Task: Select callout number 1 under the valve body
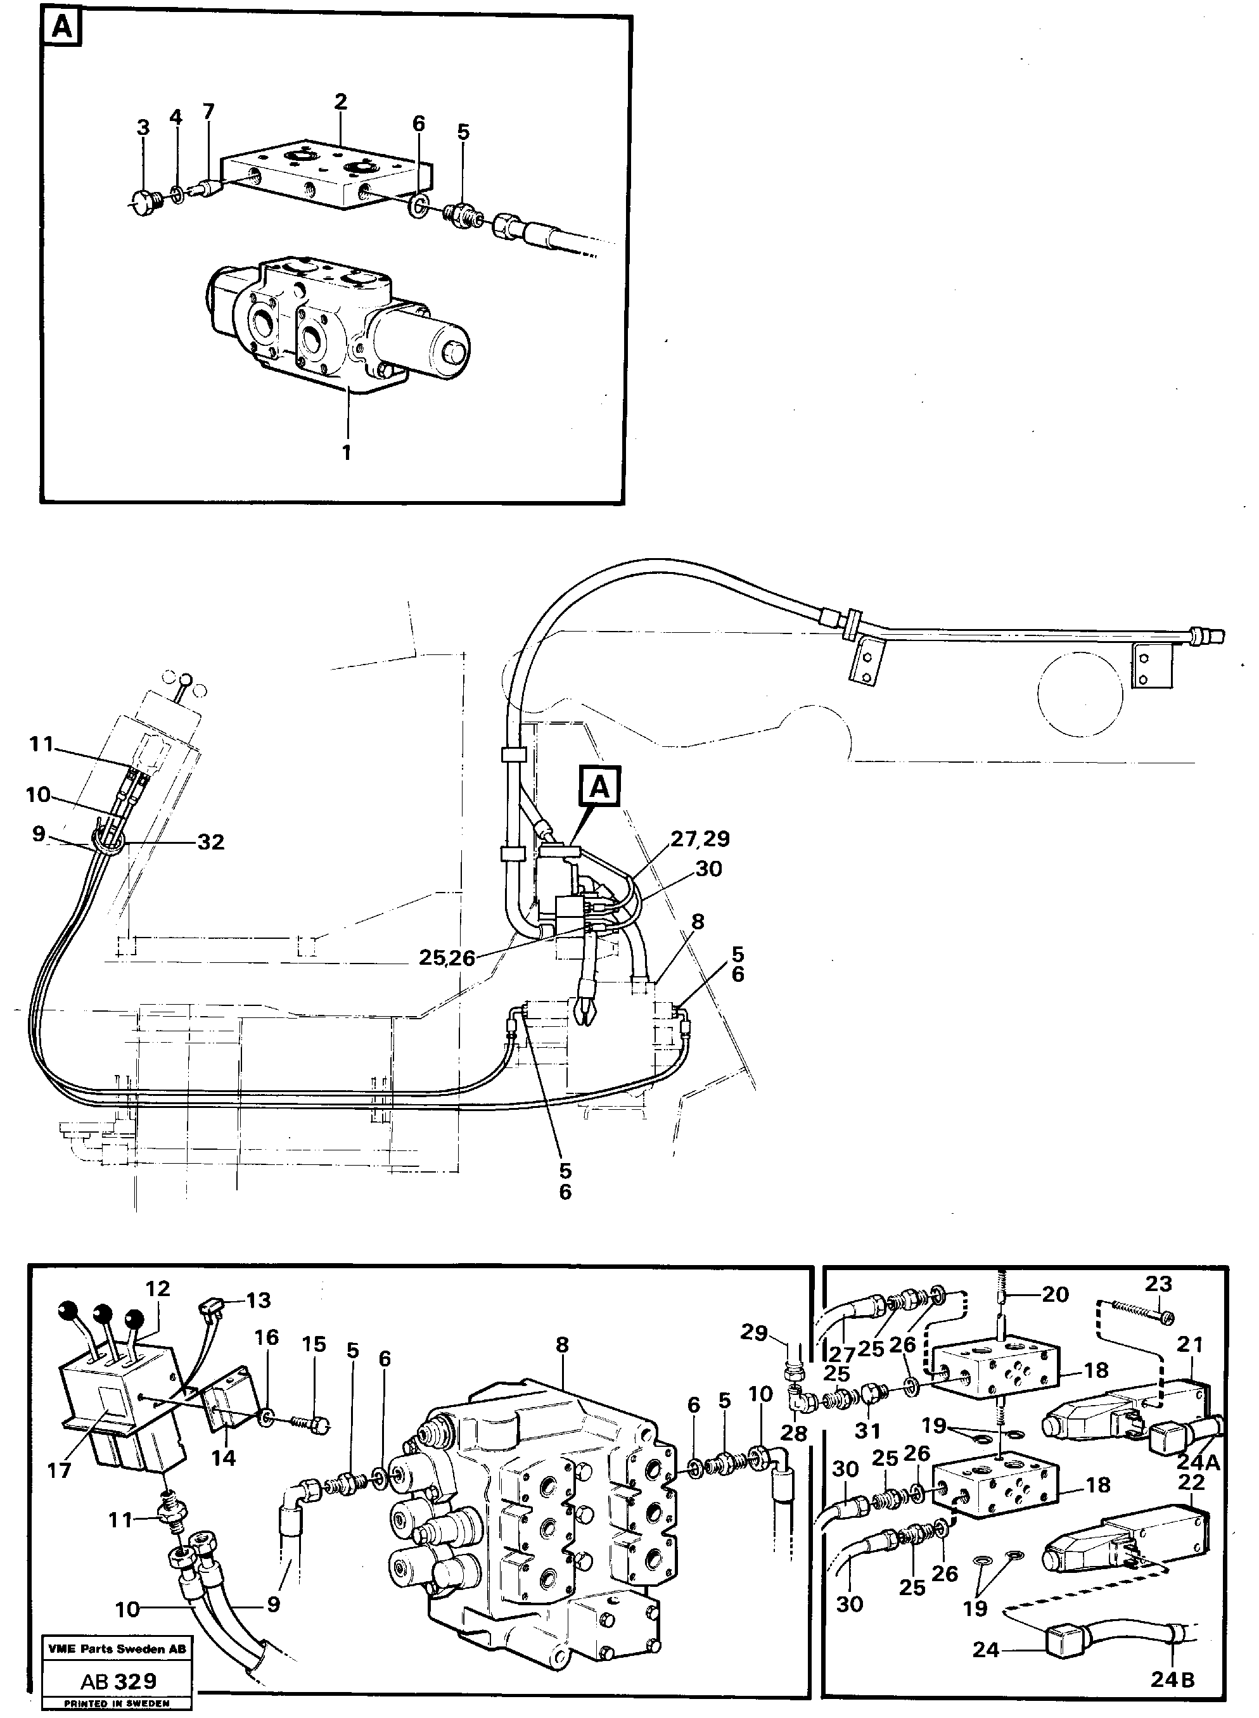coord(346,452)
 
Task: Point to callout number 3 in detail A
coord(143,128)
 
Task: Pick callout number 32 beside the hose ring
coord(211,842)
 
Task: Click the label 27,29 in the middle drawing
coord(700,839)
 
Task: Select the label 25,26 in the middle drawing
coord(447,958)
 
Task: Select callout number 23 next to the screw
coord(1158,1283)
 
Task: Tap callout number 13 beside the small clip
coord(259,1300)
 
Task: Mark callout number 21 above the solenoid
coord(1190,1366)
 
